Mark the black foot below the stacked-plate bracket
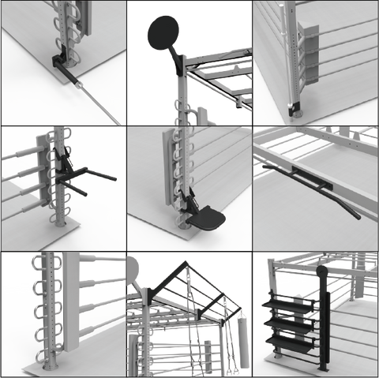coord(295,106)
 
